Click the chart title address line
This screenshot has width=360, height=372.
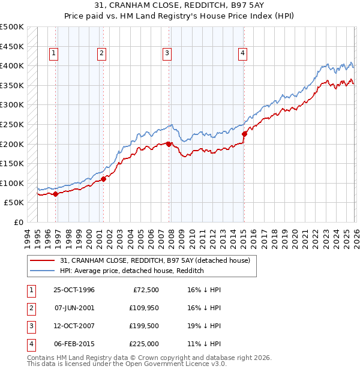[179, 5]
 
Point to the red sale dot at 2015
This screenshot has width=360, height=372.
[244, 134]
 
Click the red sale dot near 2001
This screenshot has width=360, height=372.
[103, 178]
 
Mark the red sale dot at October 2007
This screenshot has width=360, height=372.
[169, 144]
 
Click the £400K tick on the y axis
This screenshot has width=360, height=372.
[12, 65]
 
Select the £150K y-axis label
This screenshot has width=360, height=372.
[12, 163]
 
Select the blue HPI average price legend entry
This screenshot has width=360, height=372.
[132, 271]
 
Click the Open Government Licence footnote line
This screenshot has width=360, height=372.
[127, 364]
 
